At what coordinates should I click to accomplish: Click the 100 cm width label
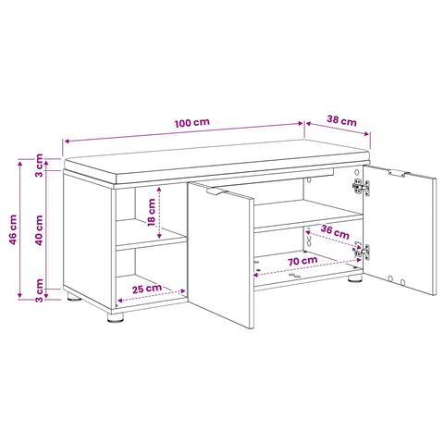tap(192, 123)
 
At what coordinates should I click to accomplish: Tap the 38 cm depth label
tap(341, 120)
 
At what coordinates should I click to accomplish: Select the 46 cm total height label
tap(13, 229)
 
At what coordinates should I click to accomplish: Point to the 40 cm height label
tap(39, 230)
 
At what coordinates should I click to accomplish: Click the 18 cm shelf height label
tap(152, 212)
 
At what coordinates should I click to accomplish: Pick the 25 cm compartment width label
tap(147, 289)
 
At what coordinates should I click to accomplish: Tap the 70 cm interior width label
tap(302, 261)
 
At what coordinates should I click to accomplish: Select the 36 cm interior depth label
tap(335, 232)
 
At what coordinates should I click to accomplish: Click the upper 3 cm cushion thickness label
tap(39, 166)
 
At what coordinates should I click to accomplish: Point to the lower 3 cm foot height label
tap(39, 290)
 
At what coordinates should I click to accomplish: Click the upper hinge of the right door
tap(362, 187)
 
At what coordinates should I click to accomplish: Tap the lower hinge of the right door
tap(362, 251)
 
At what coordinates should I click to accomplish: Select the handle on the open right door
tap(397, 173)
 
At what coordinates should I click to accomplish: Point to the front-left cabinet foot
tap(116, 317)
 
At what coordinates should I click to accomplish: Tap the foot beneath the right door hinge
tap(355, 278)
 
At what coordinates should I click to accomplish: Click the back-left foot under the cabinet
tap(74, 297)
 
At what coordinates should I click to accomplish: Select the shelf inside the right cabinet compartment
tap(308, 216)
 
